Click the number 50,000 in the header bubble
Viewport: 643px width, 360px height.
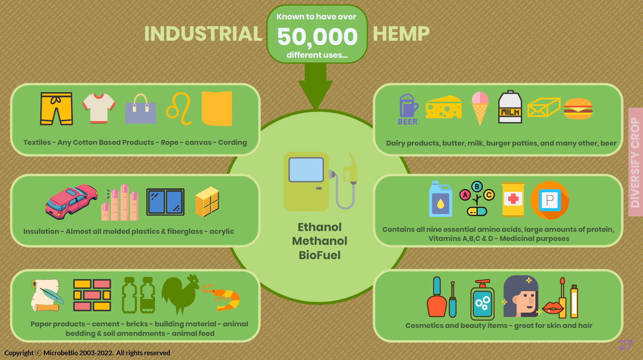317,37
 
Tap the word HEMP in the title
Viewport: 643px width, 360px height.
401,34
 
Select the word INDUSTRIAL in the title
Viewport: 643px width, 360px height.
203,34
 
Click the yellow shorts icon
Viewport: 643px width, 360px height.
56,108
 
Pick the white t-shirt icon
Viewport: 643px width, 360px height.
99,108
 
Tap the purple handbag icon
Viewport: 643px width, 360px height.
141,108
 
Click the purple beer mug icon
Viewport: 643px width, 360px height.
408,106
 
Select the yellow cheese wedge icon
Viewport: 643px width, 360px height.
444,107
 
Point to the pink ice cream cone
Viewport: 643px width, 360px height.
480,108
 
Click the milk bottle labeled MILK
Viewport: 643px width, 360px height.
510,107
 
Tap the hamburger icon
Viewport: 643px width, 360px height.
578,109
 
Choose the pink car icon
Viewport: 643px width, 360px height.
72,202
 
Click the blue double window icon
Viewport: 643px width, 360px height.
165,202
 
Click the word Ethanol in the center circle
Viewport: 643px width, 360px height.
320,227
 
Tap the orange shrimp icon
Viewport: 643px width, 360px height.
221,297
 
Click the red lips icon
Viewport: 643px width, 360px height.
552,308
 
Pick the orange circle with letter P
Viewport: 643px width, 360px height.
550,200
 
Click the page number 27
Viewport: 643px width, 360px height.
626,345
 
